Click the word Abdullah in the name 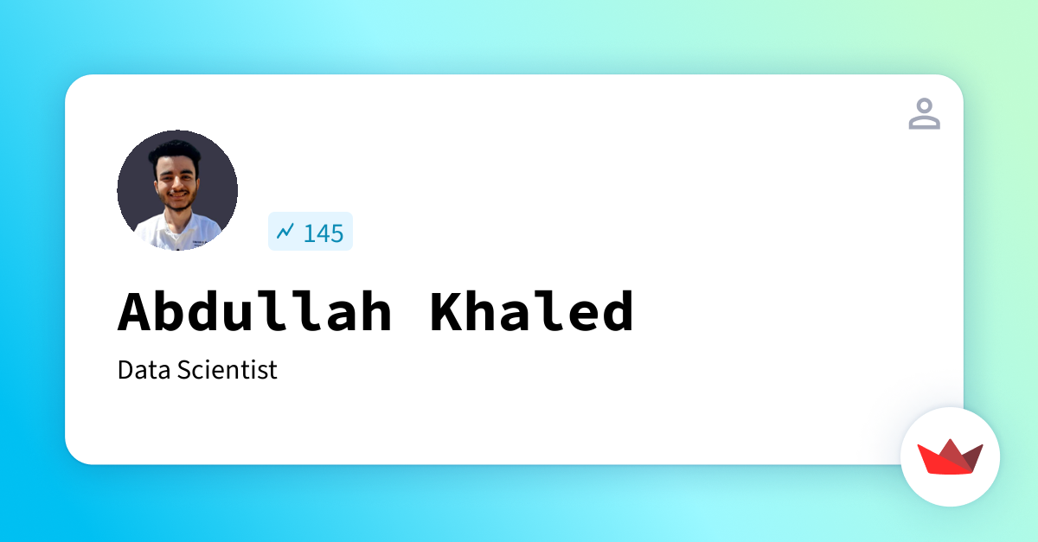pos(256,311)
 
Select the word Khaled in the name pos(532,311)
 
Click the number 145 pos(324,233)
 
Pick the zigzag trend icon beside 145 pos(285,231)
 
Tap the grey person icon pos(924,114)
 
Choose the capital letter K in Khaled pos(447,311)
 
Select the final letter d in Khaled pos(617,311)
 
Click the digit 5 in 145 pos(336,233)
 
